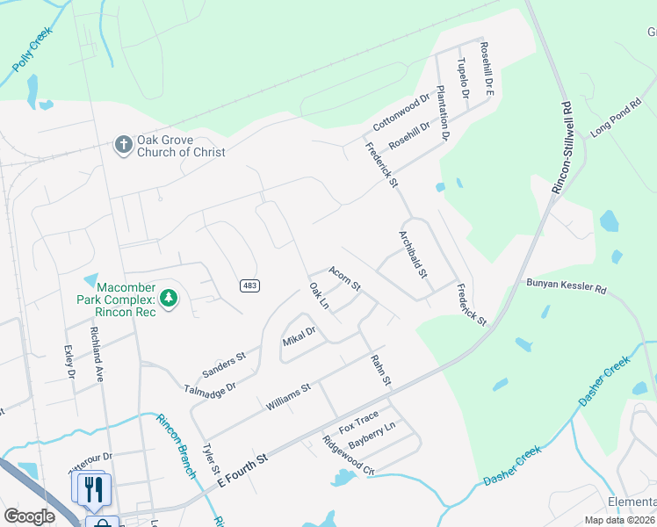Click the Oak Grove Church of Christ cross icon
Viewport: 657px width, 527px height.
124,144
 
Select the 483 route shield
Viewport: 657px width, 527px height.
249,285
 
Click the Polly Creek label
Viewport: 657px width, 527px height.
32,50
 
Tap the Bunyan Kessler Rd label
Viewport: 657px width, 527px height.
566,286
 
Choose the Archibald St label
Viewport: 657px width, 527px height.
413,255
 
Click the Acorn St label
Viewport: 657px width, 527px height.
344,278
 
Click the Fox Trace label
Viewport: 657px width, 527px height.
358,421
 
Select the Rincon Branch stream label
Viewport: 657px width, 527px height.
177,445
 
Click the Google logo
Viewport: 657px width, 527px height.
30,516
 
